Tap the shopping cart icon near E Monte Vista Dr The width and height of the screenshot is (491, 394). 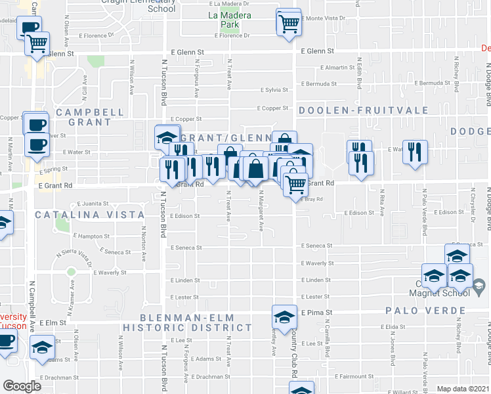point(289,23)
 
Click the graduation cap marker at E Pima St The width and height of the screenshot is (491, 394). point(284,317)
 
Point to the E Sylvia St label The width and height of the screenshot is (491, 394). point(274,90)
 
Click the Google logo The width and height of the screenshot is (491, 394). point(22,386)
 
